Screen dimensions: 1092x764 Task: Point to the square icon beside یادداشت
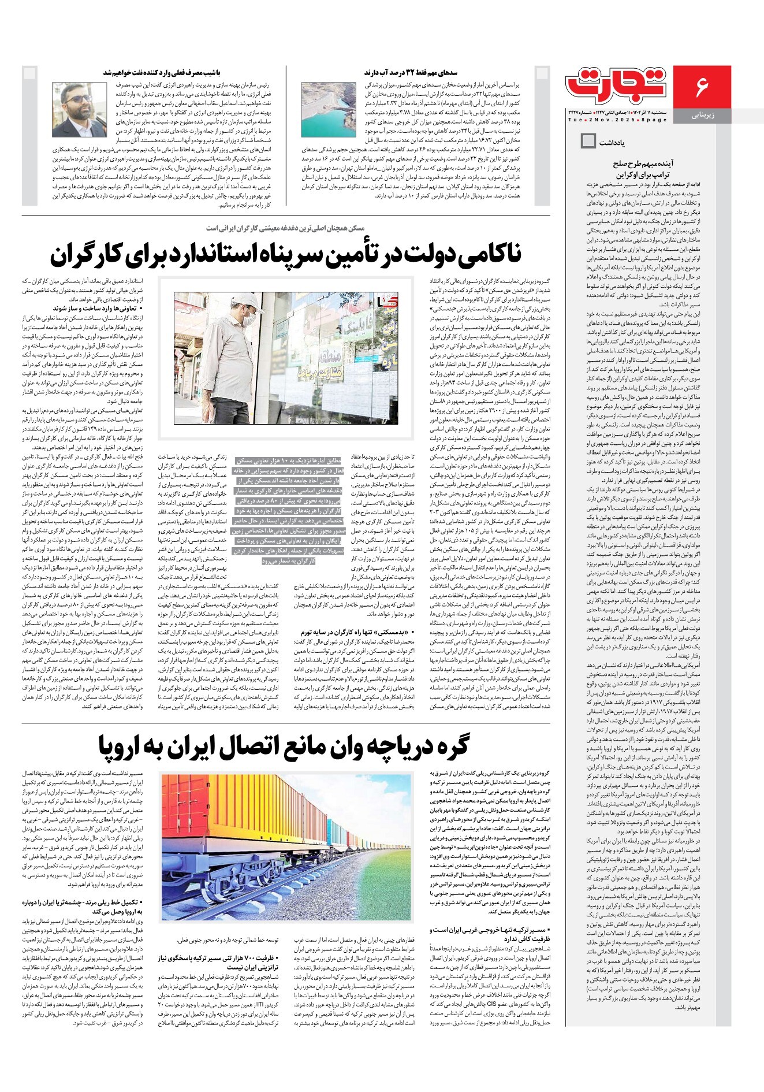[x=588, y=140]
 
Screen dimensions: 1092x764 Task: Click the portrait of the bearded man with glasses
[x=72, y=109]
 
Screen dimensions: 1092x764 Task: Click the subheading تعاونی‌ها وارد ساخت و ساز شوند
[x=98, y=309]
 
